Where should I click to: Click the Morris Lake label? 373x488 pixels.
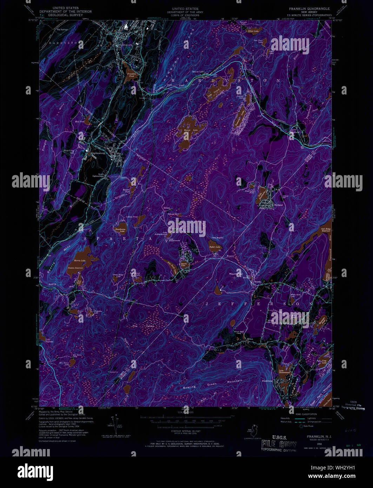[80, 261]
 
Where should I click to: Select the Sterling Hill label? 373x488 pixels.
[69, 152]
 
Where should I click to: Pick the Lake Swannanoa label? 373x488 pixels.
[284, 371]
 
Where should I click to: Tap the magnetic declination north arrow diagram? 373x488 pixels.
[114, 424]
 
